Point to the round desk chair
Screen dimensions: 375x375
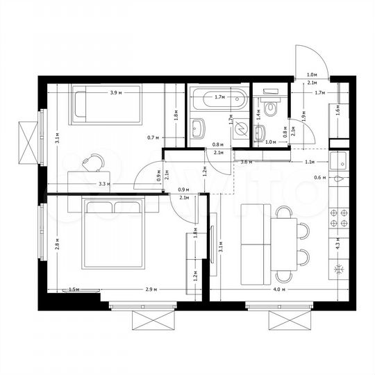point(92,162)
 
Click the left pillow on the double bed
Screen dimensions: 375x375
point(99,208)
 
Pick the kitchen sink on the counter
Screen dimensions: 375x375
point(340,160)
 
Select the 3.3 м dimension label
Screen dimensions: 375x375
point(105,184)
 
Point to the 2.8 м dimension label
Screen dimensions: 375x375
point(58,244)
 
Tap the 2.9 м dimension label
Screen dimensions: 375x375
point(149,288)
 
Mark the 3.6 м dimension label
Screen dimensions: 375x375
point(245,162)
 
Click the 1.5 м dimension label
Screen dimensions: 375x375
point(73,288)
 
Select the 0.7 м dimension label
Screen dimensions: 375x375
point(154,137)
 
